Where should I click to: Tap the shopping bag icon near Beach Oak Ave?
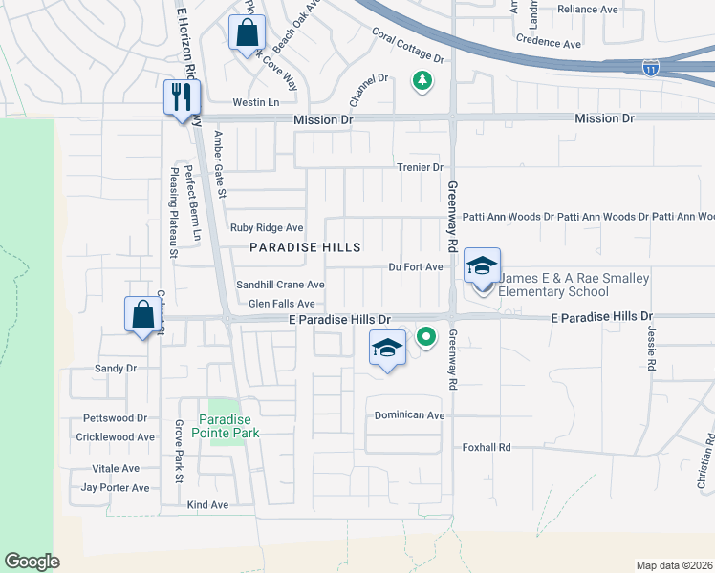point(247,32)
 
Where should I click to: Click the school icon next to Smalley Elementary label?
point(483,266)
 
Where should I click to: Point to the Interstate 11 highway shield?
point(650,68)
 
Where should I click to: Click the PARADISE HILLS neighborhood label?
point(305,247)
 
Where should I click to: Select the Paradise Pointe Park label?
point(229,426)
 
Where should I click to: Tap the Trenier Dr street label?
point(421,167)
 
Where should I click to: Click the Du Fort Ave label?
point(415,267)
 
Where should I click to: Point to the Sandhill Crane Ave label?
point(280,285)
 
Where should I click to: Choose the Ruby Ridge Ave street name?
point(267,228)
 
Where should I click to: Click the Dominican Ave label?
point(409,415)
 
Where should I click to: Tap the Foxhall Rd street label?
point(487,447)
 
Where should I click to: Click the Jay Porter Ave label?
point(115,487)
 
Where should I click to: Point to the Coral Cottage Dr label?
point(408,47)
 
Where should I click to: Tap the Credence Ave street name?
point(548,44)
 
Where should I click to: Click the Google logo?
point(32,562)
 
